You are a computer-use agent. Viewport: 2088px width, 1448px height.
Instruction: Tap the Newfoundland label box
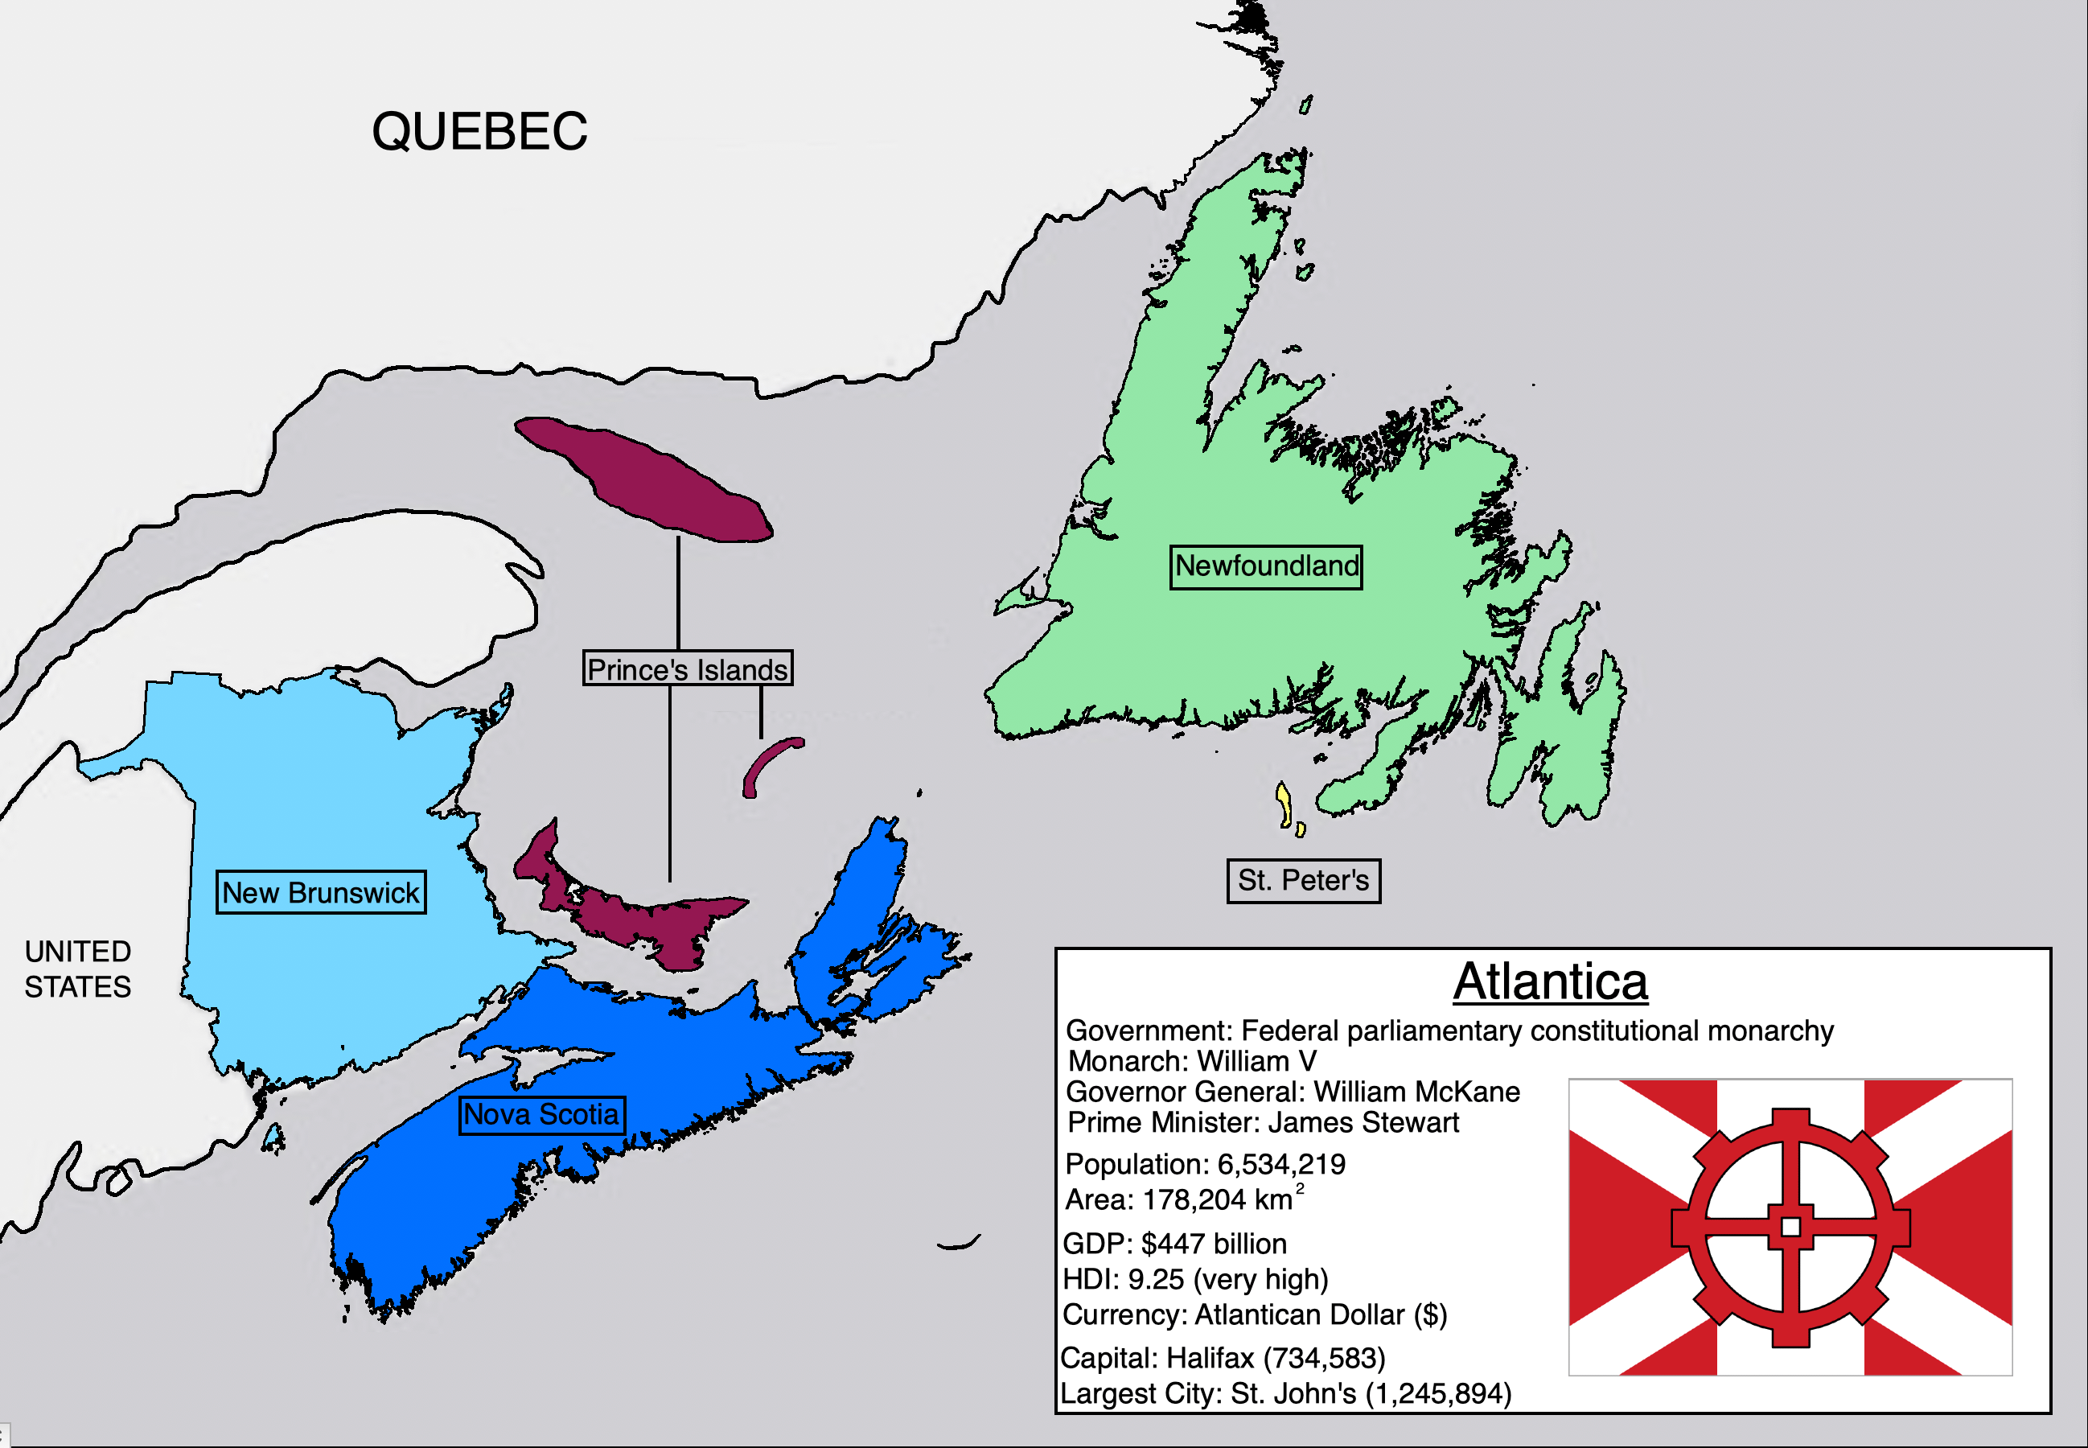click(1266, 567)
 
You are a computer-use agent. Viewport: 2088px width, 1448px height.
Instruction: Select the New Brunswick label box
click(320, 893)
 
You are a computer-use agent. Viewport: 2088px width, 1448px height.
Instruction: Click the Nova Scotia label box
click(541, 1114)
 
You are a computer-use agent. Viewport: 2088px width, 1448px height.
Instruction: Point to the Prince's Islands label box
click(688, 668)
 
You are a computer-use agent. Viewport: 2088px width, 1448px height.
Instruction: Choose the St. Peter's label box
click(1304, 880)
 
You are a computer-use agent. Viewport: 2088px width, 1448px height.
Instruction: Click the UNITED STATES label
click(78, 969)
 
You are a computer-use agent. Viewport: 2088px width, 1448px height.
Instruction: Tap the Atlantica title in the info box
click(1550, 982)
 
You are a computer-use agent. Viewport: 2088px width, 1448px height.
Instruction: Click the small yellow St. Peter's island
click(1284, 804)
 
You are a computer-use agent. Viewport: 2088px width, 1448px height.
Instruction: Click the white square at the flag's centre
click(1790, 1227)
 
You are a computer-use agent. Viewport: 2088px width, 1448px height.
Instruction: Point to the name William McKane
click(1416, 1092)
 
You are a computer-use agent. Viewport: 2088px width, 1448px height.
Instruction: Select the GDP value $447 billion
click(1214, 1244)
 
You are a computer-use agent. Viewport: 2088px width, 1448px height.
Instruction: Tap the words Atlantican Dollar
click(1299, 1314)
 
